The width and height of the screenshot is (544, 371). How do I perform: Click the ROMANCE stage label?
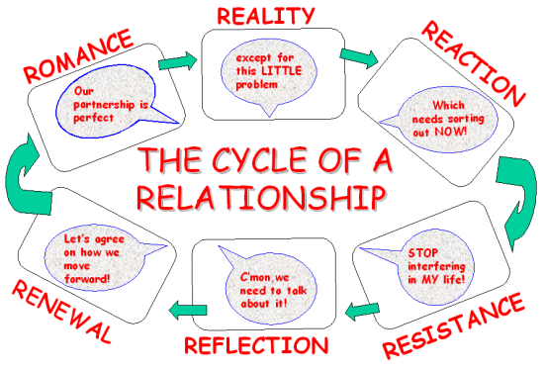pos(79,55)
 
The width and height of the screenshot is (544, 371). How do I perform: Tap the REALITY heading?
pos(266,16)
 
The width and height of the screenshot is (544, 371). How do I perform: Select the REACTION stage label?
pos(473,63)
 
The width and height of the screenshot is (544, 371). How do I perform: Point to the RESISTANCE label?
pos(453,325)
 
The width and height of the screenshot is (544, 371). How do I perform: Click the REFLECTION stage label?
pos(256,345)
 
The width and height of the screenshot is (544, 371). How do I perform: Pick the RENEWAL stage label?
pos(62,312)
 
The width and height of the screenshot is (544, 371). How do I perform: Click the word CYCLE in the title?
pos(259,160)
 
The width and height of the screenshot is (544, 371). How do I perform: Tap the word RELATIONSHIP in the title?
pos(261,197)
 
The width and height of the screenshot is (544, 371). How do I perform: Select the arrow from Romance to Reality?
pos(178,61)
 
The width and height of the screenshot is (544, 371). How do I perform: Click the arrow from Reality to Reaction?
pos(359,57)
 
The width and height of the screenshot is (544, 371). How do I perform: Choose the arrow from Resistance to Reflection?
pos(362,310)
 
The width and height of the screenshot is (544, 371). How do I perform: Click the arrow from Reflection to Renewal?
pos(188,310)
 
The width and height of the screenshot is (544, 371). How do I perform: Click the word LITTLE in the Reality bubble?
pos(281,71)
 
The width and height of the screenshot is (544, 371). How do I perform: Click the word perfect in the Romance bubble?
pos(94,118)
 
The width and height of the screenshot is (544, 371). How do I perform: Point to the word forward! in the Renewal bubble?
pos(87,279)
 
